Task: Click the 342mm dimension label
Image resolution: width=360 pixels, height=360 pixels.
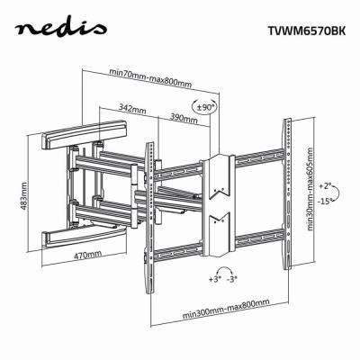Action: point(132,109)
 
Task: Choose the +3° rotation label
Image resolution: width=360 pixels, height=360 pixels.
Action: point(214,280)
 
